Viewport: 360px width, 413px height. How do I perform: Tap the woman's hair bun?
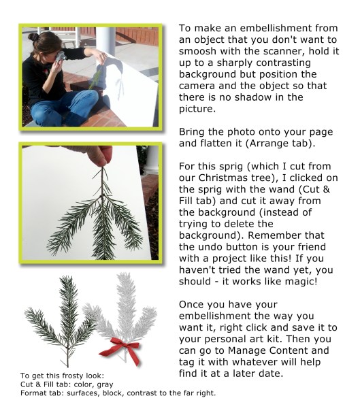click(x=33, y=37)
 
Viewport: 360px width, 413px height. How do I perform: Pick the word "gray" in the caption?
click(x=105, y=385)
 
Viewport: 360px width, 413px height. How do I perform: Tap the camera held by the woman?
click(x=61, y=56)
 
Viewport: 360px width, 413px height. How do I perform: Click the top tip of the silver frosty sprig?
click(x=122, y=274)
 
